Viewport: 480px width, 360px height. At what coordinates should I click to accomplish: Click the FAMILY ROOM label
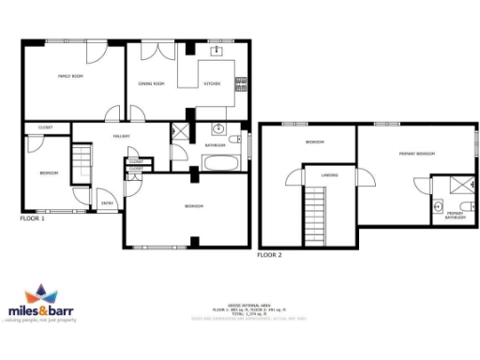[x=71, y=76]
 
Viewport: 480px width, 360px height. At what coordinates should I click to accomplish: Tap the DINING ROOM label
[x=152, y=84]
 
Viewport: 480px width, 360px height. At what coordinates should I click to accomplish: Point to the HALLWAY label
[x=121, y=137]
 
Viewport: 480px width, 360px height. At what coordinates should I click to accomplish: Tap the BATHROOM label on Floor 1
[x=216, y=145]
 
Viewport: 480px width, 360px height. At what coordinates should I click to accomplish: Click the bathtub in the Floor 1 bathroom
[x=218, y=164]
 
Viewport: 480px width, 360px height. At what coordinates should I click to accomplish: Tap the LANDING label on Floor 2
[x=329, y=174]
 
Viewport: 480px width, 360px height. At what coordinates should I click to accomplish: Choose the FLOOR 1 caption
[x=33, y=217]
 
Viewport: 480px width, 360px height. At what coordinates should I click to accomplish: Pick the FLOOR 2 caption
[x=270, y=254]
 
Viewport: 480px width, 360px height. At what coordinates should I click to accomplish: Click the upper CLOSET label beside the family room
[x=45, y=127]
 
